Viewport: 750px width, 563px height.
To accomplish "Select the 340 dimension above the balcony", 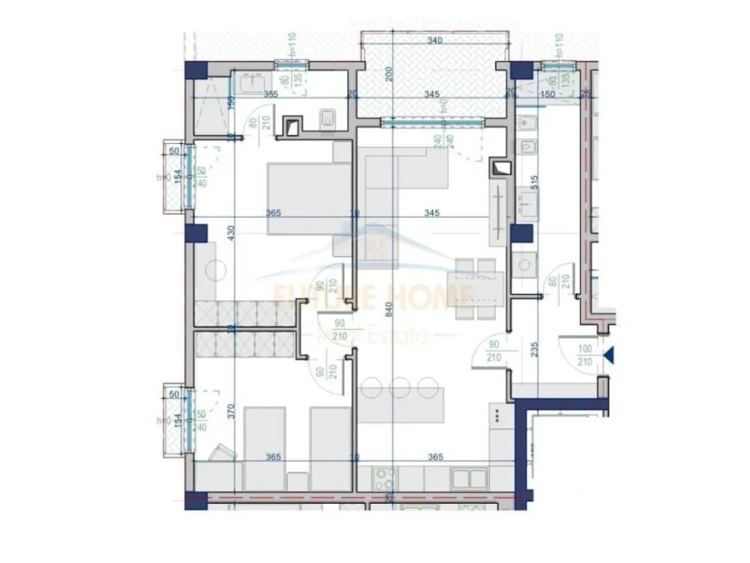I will tap(433, 41).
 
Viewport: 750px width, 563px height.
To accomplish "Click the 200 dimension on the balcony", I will tap(389, 74).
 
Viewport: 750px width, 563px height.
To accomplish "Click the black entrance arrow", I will tap(608, 357).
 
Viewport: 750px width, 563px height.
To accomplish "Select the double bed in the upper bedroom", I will tap(300, 198).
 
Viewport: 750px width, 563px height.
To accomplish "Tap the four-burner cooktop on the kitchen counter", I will tap(384, 478).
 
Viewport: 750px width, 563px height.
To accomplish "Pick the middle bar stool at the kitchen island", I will tap(400, 387).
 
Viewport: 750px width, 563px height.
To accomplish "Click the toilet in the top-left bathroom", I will tap(328, 119).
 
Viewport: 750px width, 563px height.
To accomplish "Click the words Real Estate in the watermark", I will tap(393, 335).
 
